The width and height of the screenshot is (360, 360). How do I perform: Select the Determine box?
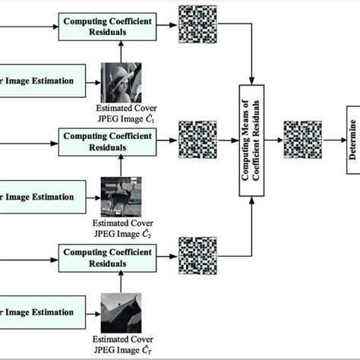point(352,141)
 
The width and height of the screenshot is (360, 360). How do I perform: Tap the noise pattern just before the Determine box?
point(301,141)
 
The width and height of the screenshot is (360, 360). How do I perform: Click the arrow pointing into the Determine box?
point(331,141)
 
